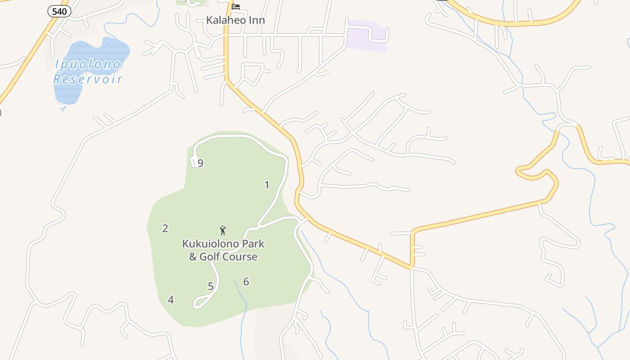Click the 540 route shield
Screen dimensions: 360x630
point(59,12)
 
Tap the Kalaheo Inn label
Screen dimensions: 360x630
point(235,20)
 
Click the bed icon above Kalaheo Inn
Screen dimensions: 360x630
point(236,7)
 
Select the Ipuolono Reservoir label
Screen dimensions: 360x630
point(88,72)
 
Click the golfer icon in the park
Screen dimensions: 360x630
point(223,230)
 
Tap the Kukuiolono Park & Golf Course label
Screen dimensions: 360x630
point(223,250)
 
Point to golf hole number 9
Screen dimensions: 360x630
point(201,163)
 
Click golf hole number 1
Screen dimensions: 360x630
point(267,185)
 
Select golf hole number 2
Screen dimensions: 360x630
point(165,229)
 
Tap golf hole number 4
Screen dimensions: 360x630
point(171,300)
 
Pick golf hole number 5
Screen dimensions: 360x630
point(211,286)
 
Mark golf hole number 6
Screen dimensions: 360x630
point(246,282)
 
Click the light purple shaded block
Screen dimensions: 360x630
point(367,36)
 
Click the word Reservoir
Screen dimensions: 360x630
point(88,80)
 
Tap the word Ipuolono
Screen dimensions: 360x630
point(88,64)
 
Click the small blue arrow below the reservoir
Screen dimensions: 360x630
point(63,108)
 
